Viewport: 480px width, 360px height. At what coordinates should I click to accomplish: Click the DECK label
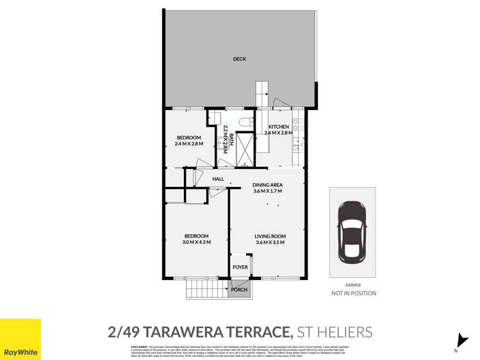239,59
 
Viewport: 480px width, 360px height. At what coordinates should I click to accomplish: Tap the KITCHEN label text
278,127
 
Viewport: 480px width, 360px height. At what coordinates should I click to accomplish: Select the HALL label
218,179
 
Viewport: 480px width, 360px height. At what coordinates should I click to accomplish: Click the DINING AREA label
267,185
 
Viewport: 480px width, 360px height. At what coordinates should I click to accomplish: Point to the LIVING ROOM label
270,236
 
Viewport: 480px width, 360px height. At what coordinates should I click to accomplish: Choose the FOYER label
240,267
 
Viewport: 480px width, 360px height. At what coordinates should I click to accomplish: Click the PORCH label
239,290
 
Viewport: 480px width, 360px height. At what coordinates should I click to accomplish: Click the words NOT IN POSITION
353,293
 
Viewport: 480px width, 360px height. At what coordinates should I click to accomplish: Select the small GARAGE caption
353,285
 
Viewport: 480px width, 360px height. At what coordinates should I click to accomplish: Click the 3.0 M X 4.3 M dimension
196,242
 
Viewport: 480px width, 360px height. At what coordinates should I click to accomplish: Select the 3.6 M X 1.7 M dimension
267,192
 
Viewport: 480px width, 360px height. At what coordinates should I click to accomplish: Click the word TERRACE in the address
251,332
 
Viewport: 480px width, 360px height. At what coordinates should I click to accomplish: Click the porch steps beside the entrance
207,290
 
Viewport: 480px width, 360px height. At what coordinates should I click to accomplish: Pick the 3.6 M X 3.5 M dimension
270,242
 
